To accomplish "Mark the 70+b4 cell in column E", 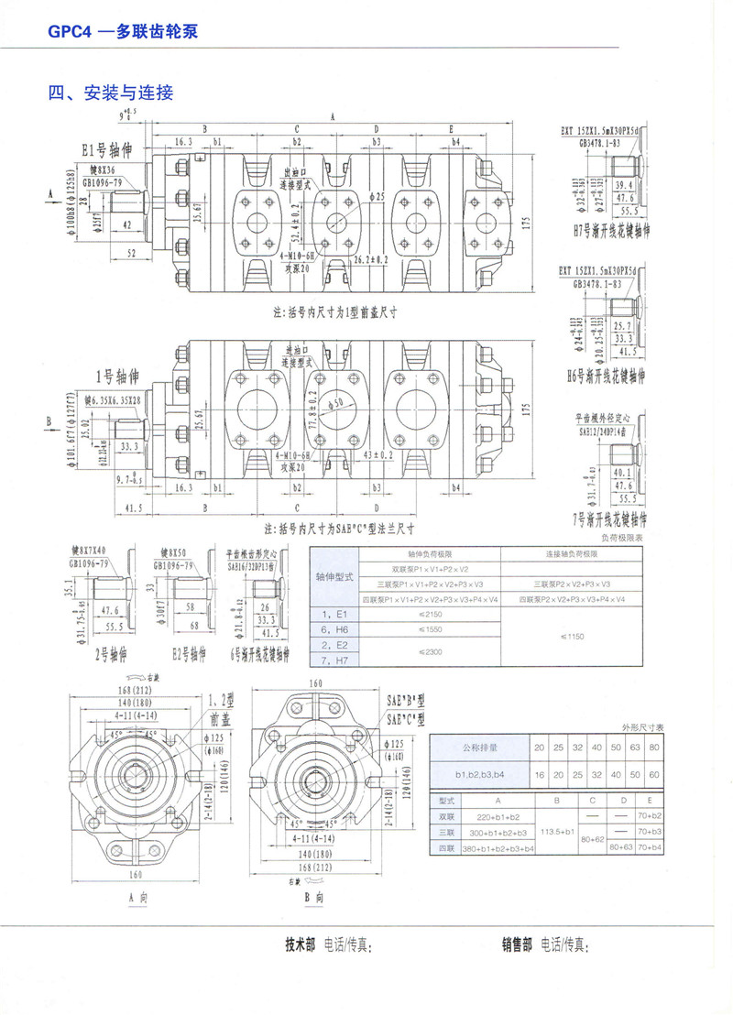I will click(651, 848).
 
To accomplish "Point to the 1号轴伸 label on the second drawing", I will click(115, 376).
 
